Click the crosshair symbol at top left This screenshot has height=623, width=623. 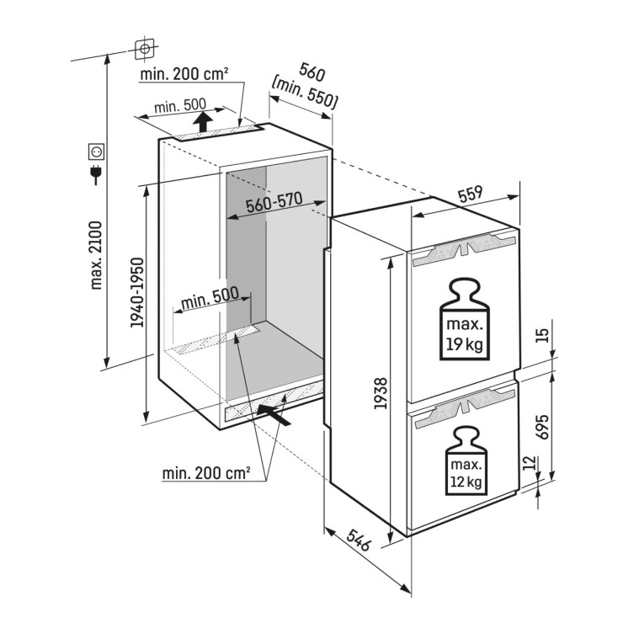pyautogui.click(x=146, y=50)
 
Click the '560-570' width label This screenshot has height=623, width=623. pyautogui.click(x=274, y=205)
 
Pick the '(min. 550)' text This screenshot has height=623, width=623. pyautogui.click(x=305, y=96)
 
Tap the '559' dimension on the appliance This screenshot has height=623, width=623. pyautogui.click(x=470, y=193)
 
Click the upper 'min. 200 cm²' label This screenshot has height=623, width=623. pyautogui.click(x=185, y=74)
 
